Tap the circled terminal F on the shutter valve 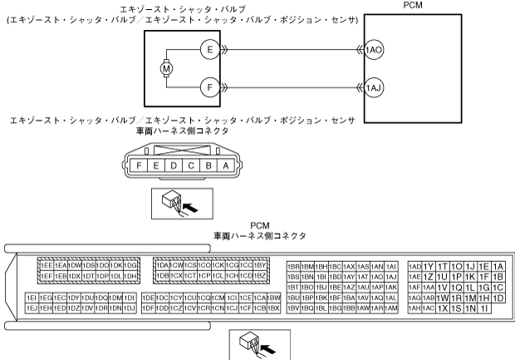[x=211, y=84]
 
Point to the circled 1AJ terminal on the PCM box [x=374, y=84]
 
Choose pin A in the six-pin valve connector [x=223, y=165]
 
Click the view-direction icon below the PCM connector [x=260, y=342]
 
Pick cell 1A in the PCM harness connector [x=498, y=266]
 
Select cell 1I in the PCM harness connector [x=483, y=308]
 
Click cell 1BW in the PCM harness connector [x=273, y=297]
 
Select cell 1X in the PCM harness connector [x=443, y=308]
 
